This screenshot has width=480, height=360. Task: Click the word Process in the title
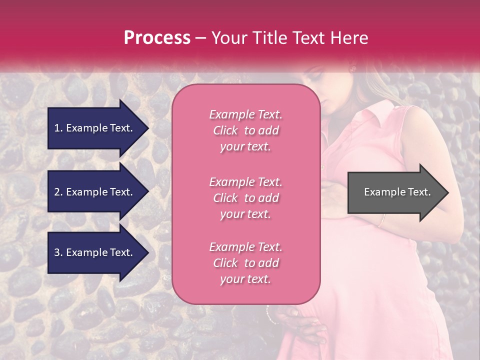[x=157, y=38]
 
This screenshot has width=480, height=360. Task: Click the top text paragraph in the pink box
[x=245, y=130]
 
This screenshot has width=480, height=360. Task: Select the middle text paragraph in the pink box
[x=245, y=198]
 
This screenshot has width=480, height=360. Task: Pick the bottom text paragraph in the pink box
[x=245, y=263]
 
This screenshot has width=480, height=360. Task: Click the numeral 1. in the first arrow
[x=58, y=128]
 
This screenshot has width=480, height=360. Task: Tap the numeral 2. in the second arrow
[x=58, y=192]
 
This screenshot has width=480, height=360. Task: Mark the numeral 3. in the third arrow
[x=58, y=252]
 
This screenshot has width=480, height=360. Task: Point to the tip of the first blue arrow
[x=148, y=128]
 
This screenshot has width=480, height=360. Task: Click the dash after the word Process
[x=200, y=38]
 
